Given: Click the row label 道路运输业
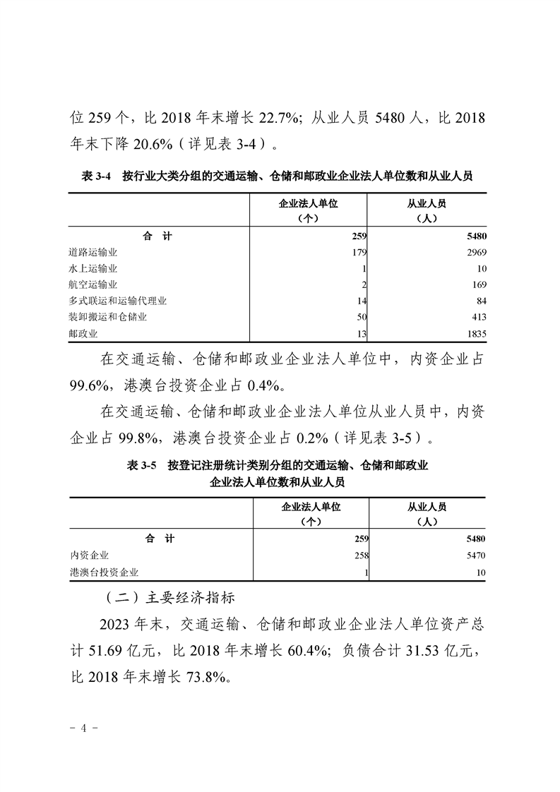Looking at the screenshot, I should point(93,252).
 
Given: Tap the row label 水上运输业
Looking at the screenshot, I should point(93,268).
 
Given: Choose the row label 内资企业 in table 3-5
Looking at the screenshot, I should point(88,556).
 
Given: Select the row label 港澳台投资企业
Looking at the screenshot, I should point(103,572).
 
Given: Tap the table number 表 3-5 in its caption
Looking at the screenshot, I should point(142,465).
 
